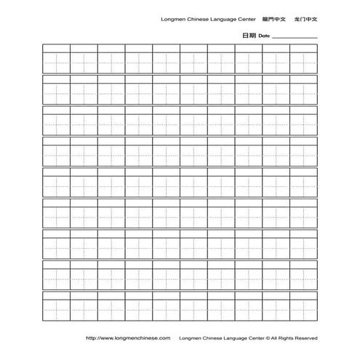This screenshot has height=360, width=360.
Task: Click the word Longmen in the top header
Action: pos(172,20)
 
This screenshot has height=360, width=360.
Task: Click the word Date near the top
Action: pos(263,36)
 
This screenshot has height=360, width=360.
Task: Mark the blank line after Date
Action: pos(295,36)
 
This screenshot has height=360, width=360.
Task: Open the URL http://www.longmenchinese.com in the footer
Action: pos(128,337)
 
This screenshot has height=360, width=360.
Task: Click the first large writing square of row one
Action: pos(56,62)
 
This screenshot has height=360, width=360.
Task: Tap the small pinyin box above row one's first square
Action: pos(56,48)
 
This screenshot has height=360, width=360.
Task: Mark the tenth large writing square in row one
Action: pos(303,62)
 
